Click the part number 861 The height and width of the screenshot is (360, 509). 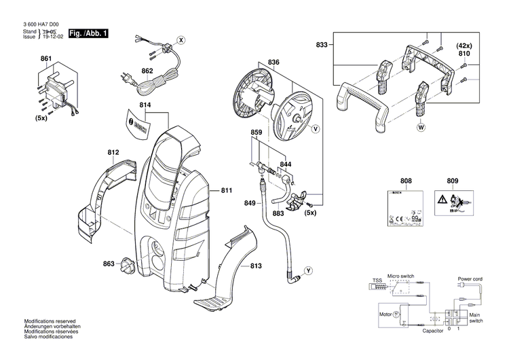tap(45, 60)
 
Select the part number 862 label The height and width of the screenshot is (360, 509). tap(147, 70)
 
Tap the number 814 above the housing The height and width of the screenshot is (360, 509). tap(145, 106)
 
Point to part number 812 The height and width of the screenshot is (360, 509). tap(113, 154)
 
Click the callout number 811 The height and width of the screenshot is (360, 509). tap(226, 191)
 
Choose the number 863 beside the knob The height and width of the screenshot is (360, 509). tap(109, 264)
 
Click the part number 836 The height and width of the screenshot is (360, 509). tap(274, 62)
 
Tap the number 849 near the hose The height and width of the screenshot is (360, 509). tap(250, 203)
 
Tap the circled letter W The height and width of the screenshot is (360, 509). tap(421, 127)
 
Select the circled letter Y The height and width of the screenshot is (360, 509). tap(308, 271)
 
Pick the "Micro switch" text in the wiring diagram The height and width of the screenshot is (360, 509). tap(400, 276)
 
